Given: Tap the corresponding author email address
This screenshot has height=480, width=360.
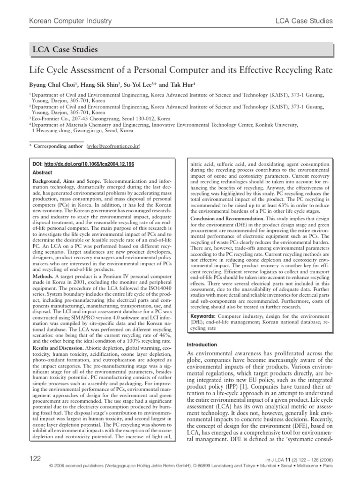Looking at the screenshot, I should coord(113,147).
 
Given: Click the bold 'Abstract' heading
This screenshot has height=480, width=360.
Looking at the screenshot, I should coord(42,172).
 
